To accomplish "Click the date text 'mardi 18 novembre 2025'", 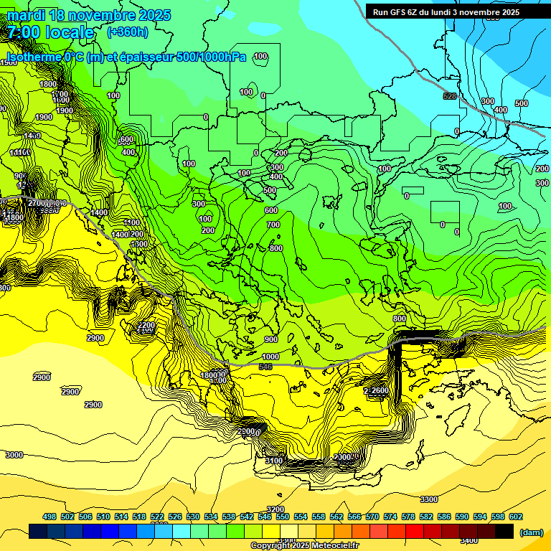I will (x=88, y=14).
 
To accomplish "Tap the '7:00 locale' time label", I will (x=50, y=32).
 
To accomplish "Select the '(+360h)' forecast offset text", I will (x=128, y=32).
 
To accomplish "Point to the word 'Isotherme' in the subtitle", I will (x=34, y=57).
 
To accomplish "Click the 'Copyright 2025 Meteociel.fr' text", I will (x=304, y=545).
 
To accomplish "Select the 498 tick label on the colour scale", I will (x=50, y=517).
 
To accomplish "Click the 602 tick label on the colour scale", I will (x=515, y=517).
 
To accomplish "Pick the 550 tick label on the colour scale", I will (x=283, y=517).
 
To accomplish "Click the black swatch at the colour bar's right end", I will (x=504, y=531).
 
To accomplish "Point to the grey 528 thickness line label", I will (x=449, y=96).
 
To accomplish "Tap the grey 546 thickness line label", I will (x=265, y=367).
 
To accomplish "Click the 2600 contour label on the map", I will (x=379, y=390).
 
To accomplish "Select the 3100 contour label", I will (x=273, y=460).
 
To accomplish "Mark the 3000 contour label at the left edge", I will (x=14, y=455).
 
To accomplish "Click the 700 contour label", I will (x=273, y=225).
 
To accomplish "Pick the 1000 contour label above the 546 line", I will (x=270, y=357).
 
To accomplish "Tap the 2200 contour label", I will (x=146, y=325).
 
